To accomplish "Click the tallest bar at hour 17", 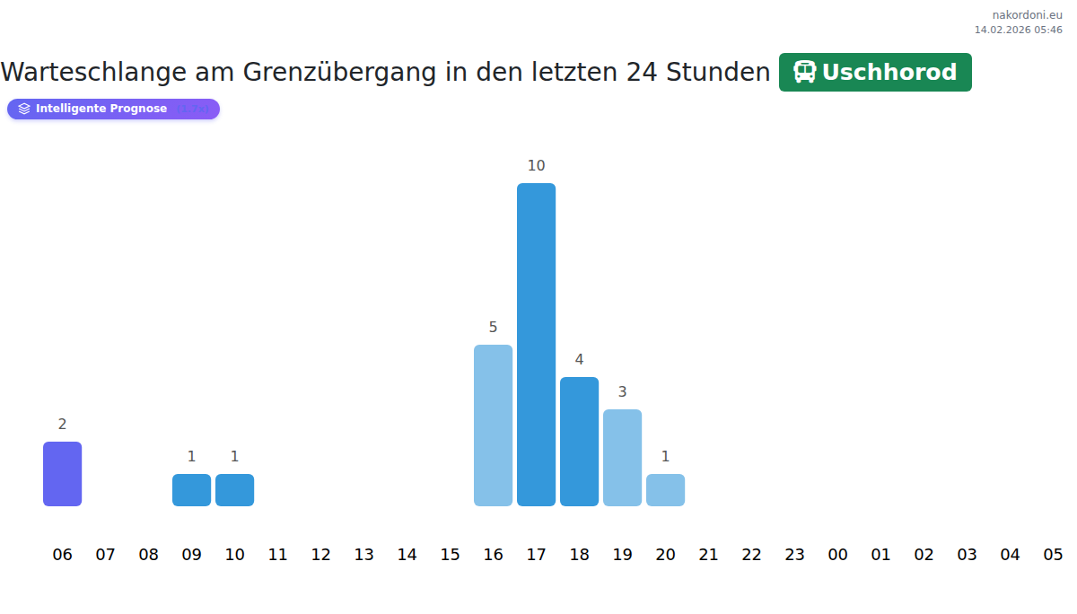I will (536, 345).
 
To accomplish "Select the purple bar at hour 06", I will (62, 474).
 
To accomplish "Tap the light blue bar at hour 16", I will (493, 425).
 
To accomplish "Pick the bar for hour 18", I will (579, 442).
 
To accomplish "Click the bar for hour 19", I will (622, 458).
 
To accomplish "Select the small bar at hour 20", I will (665, 490).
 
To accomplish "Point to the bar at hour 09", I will (191, 490).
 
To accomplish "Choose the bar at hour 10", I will (234, 490).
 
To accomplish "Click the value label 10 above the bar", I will (536, 165).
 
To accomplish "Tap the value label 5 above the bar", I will (493, 327).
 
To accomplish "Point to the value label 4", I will (579, 359).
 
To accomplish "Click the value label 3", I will (622, 391).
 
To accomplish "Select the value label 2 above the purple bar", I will (62, 424).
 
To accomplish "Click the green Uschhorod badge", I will (875, 72).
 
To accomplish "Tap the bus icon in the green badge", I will (805, 72).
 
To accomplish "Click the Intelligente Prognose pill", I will (113, 109).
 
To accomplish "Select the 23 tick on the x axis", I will (794, 555).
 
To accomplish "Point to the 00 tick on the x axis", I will (837, 555).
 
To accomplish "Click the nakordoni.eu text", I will (1027, 14).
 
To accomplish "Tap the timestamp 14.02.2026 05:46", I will (1018, 30).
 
